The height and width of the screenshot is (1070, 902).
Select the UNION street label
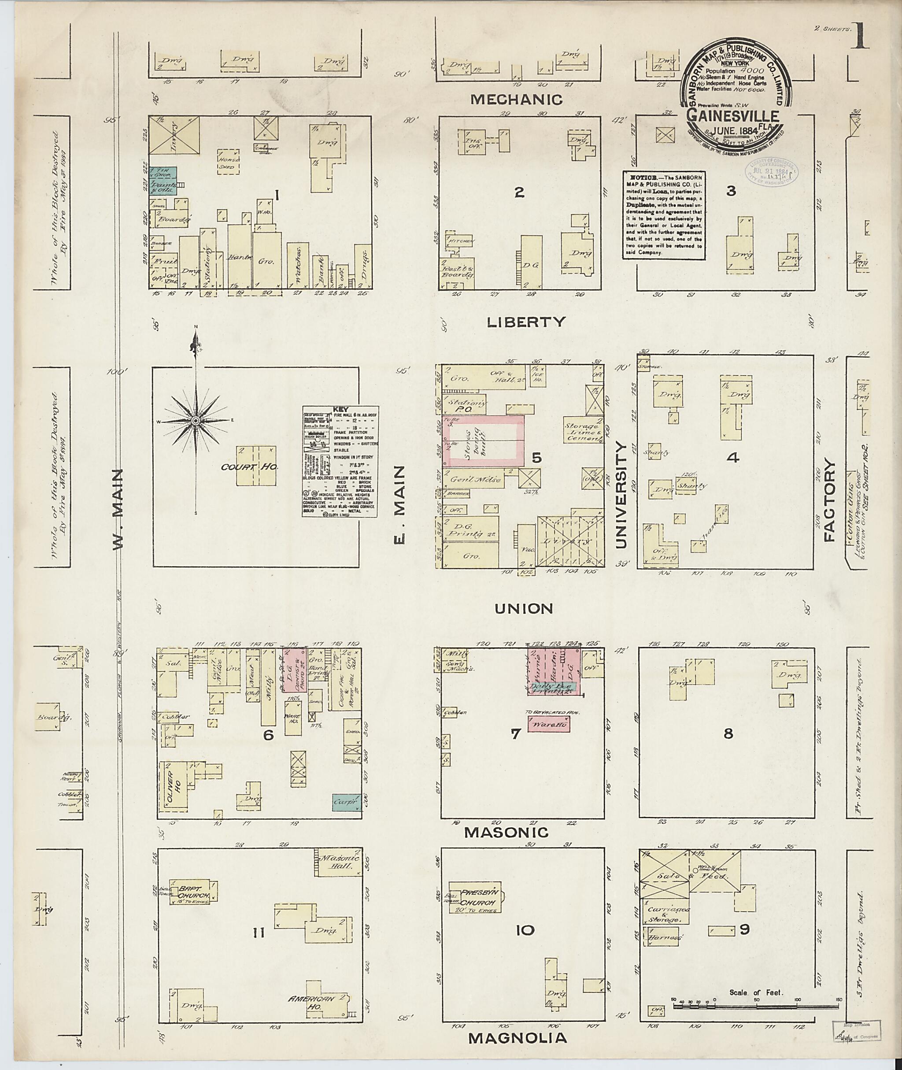pyautogui.click(x=524, y=609)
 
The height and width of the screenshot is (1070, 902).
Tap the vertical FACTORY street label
pyautogui.click(x=829, y=499)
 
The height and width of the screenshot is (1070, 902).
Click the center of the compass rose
pyautogui.click(x=196, y=420)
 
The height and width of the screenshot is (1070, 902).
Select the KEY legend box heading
pyautogui.click(x=340, y=409)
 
